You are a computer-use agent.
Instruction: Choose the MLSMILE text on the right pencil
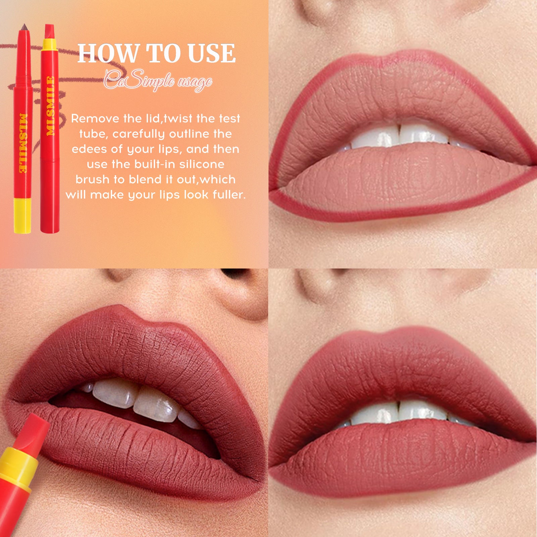pyautogui.click(x=50, y=106)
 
